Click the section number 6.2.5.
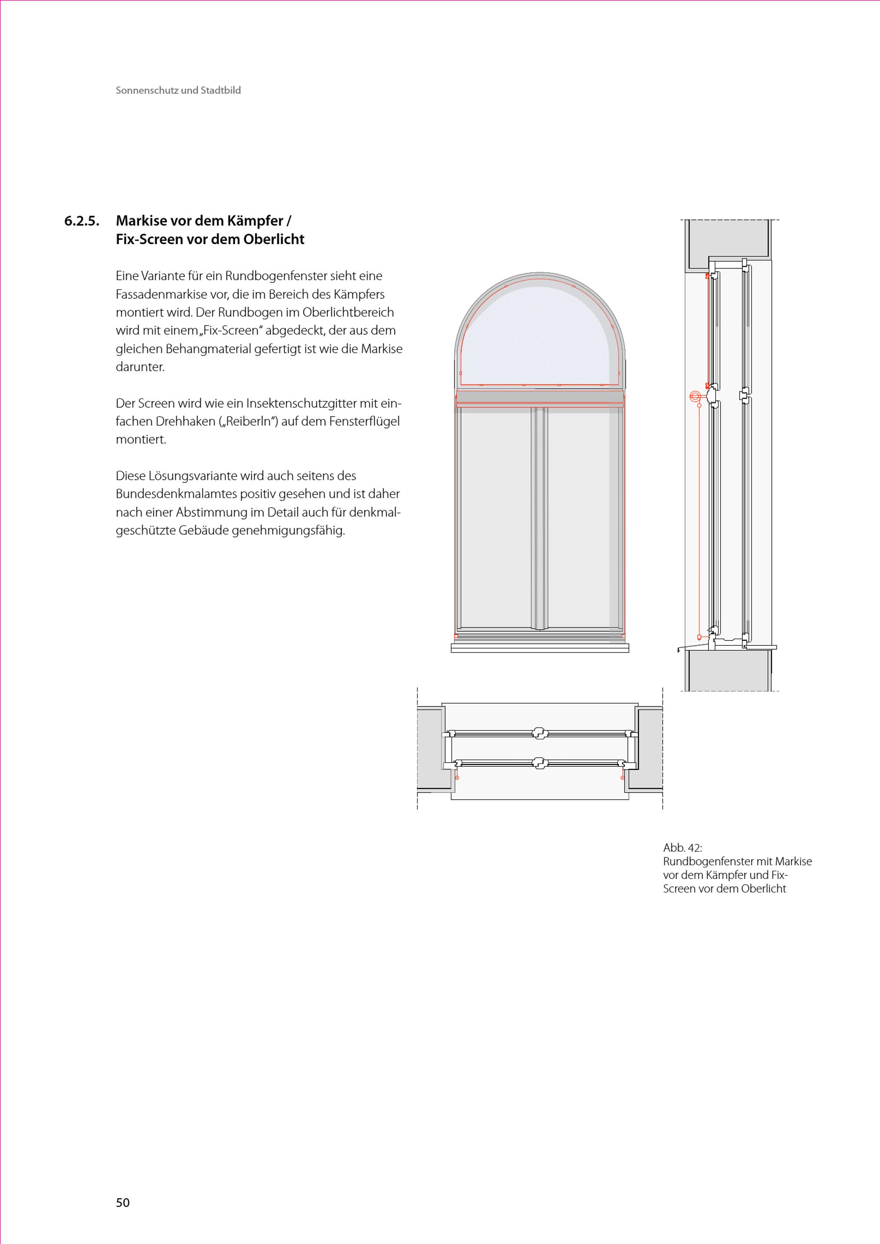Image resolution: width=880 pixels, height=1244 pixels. [x=82, y=222]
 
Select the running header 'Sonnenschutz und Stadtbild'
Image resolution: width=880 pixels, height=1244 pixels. [x=178, y=91]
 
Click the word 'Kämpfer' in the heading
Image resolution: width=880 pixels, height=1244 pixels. [x=258, y=222]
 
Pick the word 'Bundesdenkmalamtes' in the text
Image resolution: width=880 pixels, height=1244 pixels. [x=173, y=494]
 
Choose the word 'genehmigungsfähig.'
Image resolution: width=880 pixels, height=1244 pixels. [x=289, y=531]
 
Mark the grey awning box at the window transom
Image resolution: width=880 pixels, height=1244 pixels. [x=540, y=398]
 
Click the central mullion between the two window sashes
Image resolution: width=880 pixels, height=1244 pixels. [x=539, y=518]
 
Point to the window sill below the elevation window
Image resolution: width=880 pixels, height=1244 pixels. [x=540, y=648]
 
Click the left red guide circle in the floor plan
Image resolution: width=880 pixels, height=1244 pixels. [x=457, y=778]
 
